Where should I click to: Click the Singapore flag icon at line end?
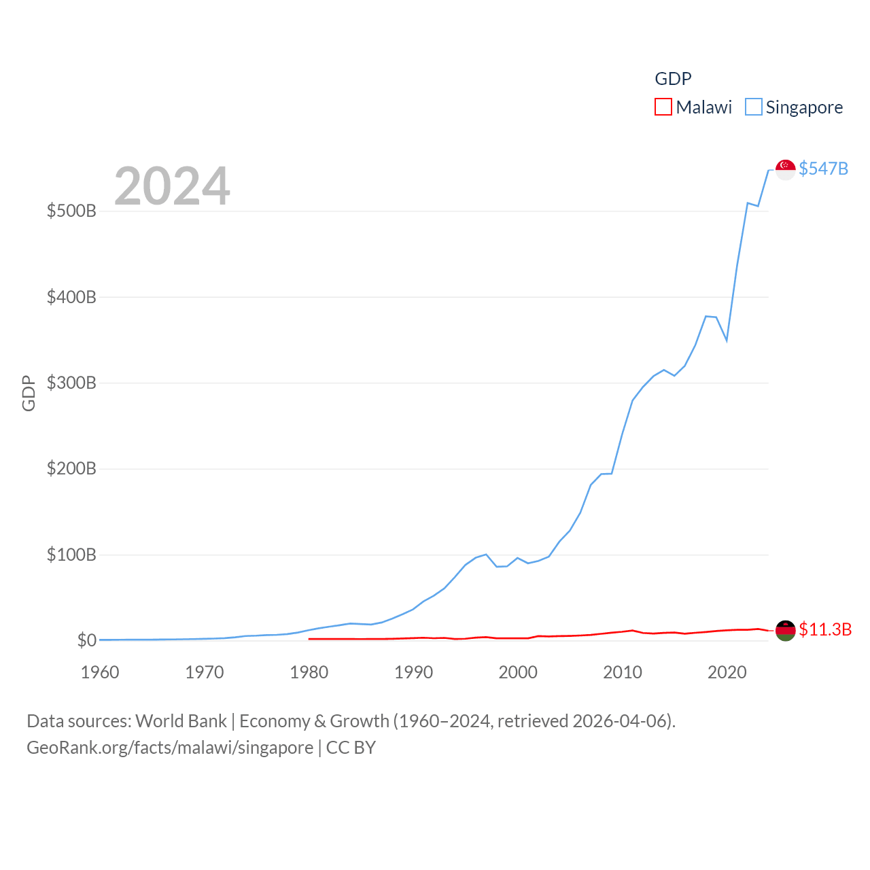pos(785,169)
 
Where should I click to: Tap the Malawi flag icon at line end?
pos(785,630)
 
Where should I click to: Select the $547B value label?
pos(823,169)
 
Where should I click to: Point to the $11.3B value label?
pos(824,629)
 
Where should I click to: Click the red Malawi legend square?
pos(663,107)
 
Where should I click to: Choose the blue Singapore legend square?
pos(753,107)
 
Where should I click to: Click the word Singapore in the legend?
pos(804,107)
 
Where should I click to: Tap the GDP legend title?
pos(673,79)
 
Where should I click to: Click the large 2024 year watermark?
pos(172,186)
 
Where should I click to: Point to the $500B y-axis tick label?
pos(71,211)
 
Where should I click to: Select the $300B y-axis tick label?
pos(71,383)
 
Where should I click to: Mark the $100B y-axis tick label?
pos(71,555)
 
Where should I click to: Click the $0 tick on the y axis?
pos(86,640)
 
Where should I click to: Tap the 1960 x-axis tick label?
pos(100,672)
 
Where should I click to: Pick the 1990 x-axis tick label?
pos(413,672)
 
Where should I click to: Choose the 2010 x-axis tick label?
pos(623,672)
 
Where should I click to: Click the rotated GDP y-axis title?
pos(29,393)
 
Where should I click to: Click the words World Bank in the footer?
pos(181,720)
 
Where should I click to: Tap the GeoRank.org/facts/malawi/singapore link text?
pos(170,748)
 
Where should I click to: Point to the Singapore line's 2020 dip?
pos(727,339)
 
